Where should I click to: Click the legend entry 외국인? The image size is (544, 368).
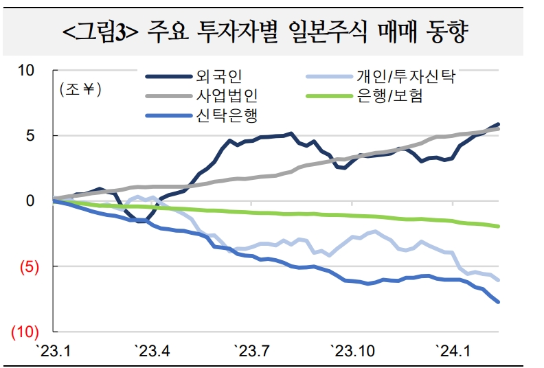[x=216, y=77]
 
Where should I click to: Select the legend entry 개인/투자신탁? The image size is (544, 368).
[x=406, y=77]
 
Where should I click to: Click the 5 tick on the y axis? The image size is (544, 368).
[x=30, y=135]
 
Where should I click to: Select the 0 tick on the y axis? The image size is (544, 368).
[x=30, y=200]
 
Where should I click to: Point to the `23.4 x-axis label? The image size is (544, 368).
[x=152, y=352]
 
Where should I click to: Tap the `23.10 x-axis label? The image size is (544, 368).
[x=354, y=352]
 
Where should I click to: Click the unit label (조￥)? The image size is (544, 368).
[x=81, y=90]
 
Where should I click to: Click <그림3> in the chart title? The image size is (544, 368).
[x=100, y=32]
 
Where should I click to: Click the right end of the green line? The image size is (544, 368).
[x=498, y=226]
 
